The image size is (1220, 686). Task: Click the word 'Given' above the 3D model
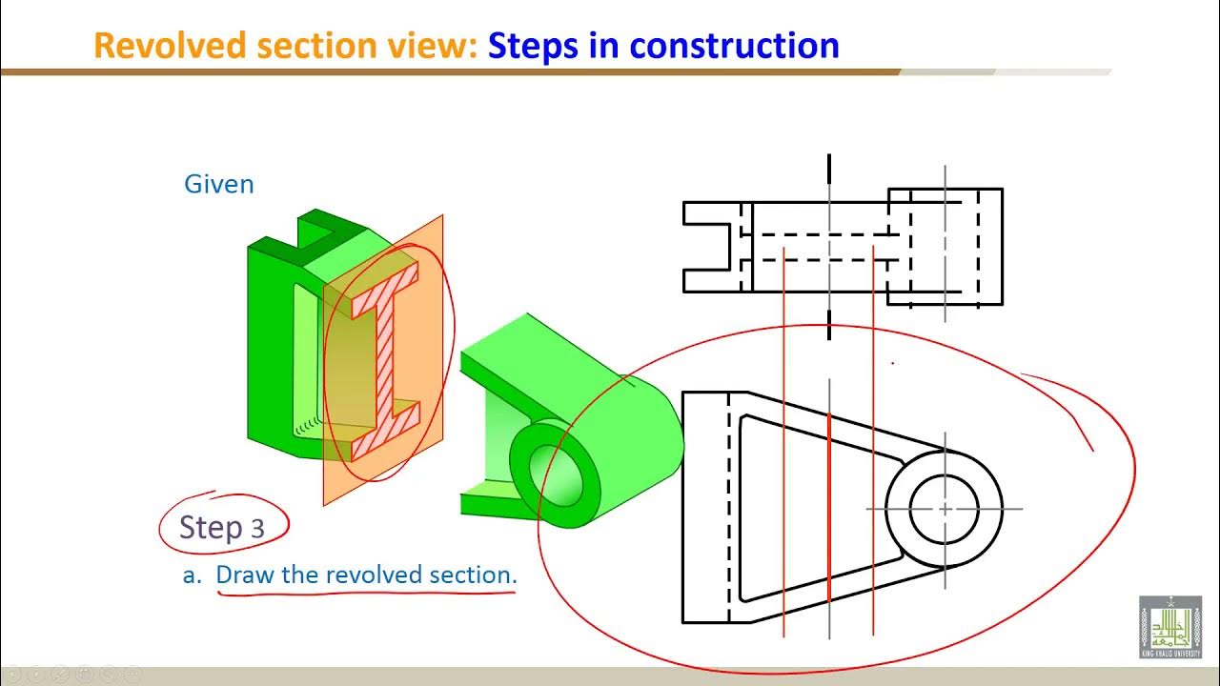(x=218, y=184)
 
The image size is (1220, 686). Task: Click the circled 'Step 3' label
(x=221, y=527)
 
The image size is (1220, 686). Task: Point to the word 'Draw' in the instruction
(x=243, y=575)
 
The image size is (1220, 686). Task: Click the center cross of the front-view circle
(x=945, y=509)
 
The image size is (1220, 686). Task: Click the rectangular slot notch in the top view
(x=710, y=247)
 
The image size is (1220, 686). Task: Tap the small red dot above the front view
(x=892, y=363)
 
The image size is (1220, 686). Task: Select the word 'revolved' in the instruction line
(x=367, y=575)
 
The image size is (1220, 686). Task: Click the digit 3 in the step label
(x=257, y=529)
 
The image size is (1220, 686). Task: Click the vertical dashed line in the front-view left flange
(x=729, y=505)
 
